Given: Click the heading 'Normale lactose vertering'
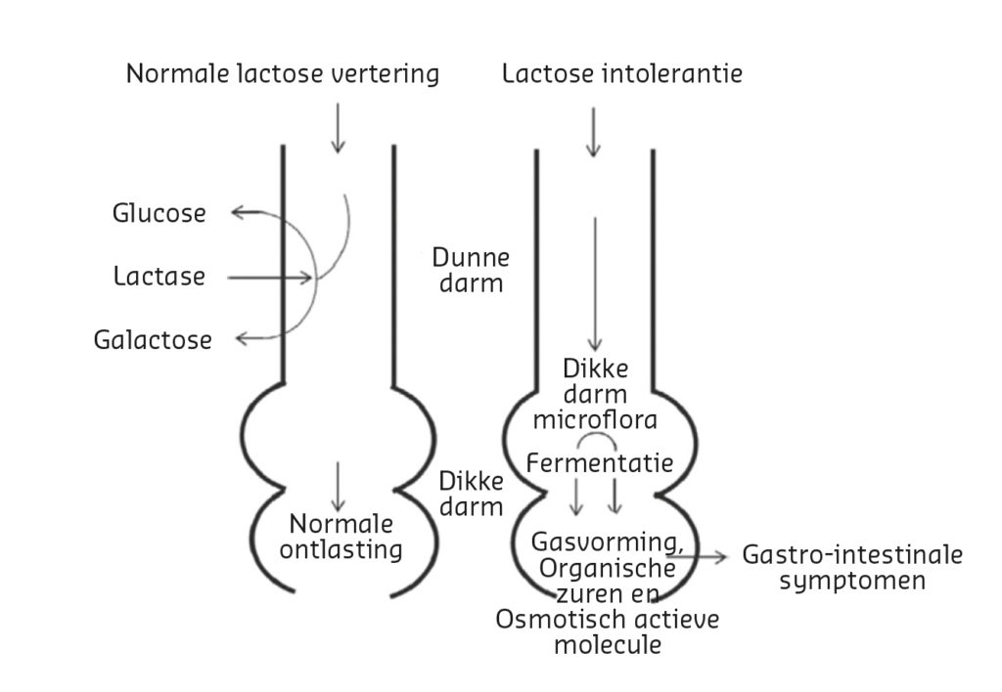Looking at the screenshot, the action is [283, 73].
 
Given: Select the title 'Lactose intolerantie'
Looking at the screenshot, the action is [622, 73].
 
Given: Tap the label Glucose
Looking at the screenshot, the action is [159, 213].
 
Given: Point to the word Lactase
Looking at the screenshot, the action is [159, 277].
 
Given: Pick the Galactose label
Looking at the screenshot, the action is [153, 339].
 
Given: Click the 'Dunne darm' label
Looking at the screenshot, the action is [471, 270].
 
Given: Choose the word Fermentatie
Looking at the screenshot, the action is [600, 463].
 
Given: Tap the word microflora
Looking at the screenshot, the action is [595, 420].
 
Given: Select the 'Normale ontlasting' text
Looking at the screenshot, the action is [342, 537].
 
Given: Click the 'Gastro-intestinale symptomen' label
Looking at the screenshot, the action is [852, 568].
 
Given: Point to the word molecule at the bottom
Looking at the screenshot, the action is [608, 645].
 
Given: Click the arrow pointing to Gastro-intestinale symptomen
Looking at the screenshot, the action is [697, 557].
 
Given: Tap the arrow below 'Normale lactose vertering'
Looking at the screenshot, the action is [338, 128].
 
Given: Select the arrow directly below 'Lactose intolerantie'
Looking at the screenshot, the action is [594, 132].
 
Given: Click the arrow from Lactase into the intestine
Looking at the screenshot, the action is [270, 278].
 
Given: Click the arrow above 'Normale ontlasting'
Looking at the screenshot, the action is [337, 487].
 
